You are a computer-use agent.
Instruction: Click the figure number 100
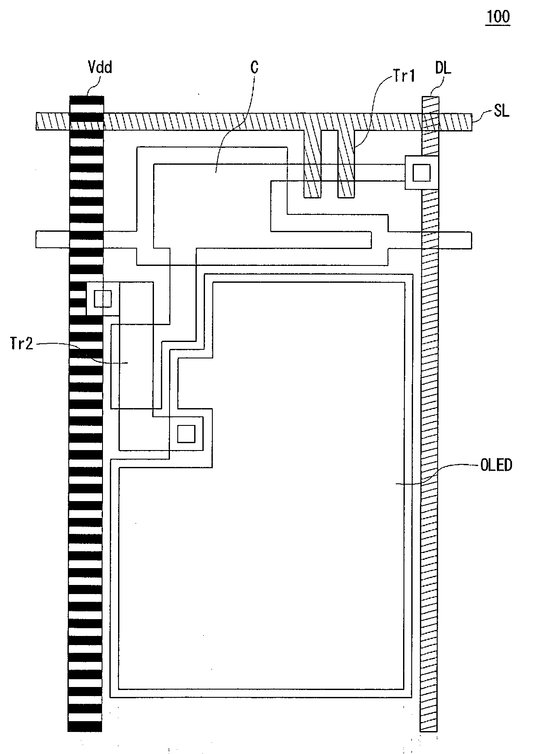[x=498, y=17]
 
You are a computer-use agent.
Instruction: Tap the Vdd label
[x=99, y=67]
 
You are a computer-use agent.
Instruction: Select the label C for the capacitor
[x=254, y=67]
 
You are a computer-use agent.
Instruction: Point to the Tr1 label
[x=404, y=76]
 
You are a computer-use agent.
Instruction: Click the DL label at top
[x=443, y=68]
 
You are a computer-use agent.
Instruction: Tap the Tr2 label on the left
[x=21, y=344]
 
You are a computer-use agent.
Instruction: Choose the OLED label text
[x=496, y=465]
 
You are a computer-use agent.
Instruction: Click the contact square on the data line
[x=421, y=173]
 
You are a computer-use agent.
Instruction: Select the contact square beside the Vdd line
[x=103, y=298]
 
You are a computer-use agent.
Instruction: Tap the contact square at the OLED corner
[x=186, y=434]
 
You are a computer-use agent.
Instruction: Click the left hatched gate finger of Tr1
[x=312, y=164]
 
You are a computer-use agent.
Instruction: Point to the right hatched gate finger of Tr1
[x=346, y=164]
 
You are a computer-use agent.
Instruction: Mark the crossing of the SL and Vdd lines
[x=86, y=121]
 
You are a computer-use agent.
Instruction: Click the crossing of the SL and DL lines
[x=430, y=121]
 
